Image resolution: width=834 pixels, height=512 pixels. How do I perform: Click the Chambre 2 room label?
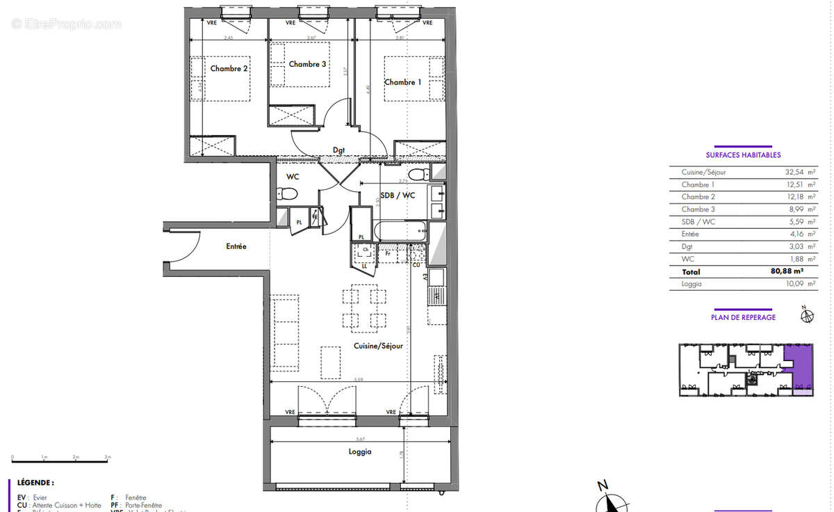click(229, 69)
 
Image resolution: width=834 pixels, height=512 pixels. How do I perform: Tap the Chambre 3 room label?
click(307, 64)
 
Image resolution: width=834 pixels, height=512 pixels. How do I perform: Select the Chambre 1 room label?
click(403, 82)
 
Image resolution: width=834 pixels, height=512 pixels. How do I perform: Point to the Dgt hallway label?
click(338, 149)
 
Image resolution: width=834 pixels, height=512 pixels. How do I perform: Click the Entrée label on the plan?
click(236, 246)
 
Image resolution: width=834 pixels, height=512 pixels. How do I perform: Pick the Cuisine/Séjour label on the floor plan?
click(377, 345)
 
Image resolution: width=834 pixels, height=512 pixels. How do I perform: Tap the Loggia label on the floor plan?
click(360, 451)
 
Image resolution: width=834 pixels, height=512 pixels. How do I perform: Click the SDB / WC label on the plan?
click(398, 195)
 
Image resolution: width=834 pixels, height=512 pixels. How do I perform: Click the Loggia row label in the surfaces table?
click(692, 284)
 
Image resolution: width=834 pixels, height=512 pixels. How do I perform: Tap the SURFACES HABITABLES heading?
click(743, 155)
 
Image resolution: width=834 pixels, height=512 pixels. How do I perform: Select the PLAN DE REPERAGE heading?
click(743, 317)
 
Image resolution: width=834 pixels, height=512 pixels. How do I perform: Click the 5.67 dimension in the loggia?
click(359, 439)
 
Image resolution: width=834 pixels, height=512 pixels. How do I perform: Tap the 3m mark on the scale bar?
click(106, 457)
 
